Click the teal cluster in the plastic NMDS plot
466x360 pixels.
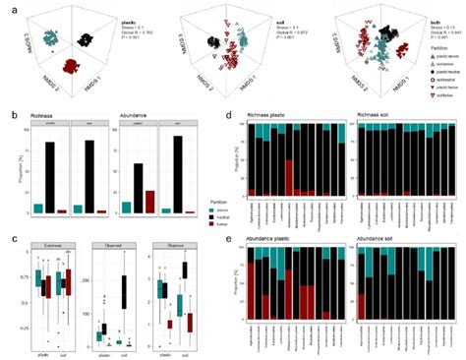48,40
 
